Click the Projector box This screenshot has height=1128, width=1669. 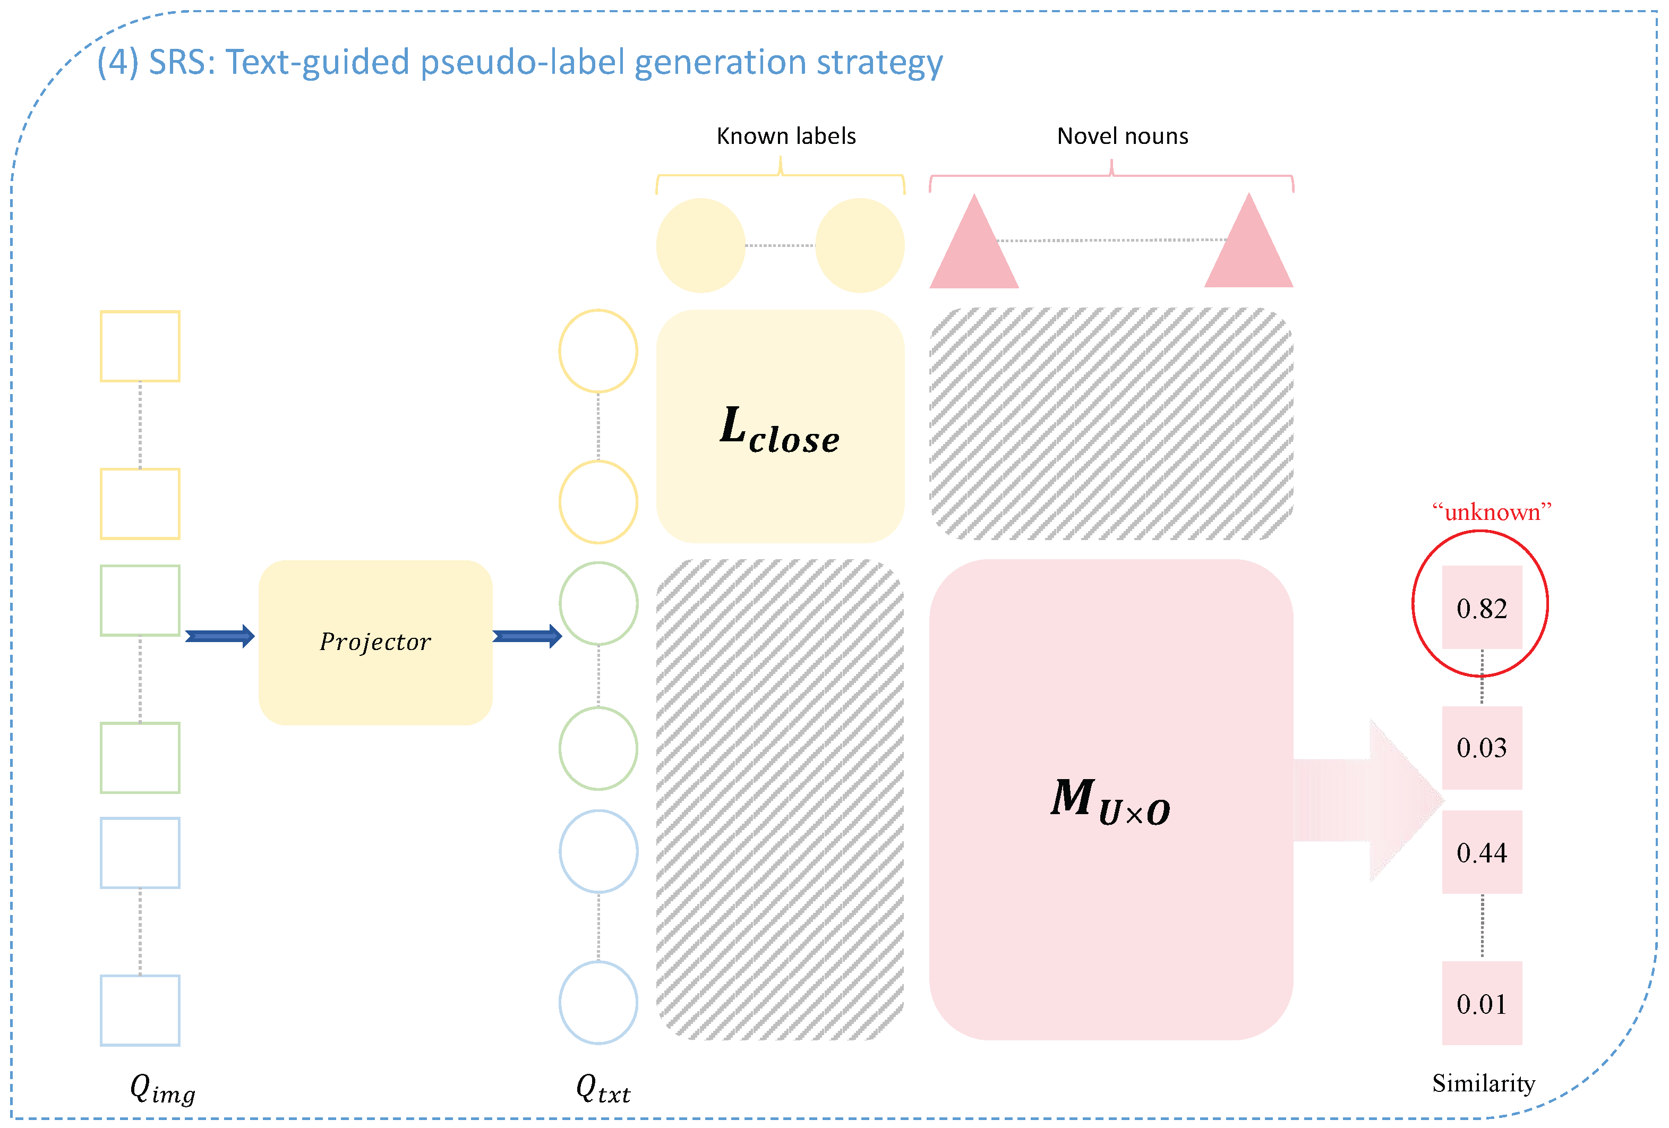375,642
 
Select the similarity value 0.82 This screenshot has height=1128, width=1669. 1482,608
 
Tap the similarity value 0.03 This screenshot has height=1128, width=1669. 1482,747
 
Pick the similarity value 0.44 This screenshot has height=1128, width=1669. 1482,852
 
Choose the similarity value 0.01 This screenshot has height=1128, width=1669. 1482,1004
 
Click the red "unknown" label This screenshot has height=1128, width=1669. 1492,512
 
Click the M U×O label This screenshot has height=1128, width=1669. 1110,801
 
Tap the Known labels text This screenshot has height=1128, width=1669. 786,136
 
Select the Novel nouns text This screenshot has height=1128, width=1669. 1123,136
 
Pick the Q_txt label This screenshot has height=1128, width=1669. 603,1089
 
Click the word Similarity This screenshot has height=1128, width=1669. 1484,1083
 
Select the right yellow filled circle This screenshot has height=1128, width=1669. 860,245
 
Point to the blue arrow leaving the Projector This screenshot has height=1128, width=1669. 526,636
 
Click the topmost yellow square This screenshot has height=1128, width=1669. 140,346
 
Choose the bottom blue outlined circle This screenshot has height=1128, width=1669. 598,1002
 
